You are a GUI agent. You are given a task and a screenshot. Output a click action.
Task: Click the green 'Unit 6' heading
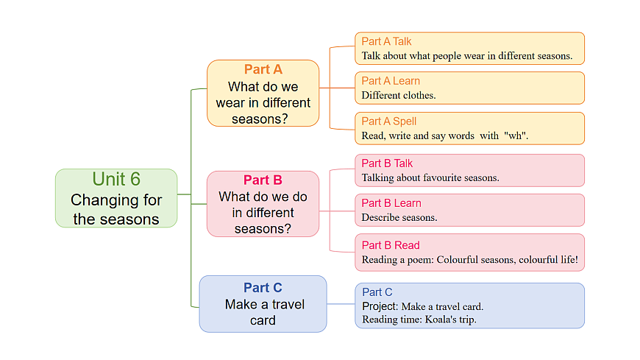click(x=116, y=179)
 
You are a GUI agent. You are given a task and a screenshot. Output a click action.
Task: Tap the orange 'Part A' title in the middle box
click(x=263, y=69)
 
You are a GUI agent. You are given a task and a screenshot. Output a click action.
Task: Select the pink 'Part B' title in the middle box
click(x=263, y=180)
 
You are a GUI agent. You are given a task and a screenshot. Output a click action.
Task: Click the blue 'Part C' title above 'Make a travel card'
click(x=263, y=288)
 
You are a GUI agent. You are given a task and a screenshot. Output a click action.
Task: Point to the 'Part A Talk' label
click(x=386, y=41)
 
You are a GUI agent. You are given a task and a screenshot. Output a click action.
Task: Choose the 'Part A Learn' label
click(x=391, y=81)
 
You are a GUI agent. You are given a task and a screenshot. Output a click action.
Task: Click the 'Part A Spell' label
click(x=389, y=121)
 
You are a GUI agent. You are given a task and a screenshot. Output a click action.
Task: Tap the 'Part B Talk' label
click(x=387, y=163)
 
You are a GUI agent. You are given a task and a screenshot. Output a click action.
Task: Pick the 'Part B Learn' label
click(x=391, y=203)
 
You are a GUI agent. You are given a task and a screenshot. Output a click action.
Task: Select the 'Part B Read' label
click(x=391, y=245)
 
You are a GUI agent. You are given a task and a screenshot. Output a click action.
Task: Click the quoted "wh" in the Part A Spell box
click(x=516, y=136)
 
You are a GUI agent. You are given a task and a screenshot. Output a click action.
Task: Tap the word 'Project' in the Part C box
click(x=379, y=306)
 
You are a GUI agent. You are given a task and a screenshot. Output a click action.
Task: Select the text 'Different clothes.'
click(x=399, y=95)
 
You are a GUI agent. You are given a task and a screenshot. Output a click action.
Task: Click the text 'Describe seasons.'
click(x=399, y=217)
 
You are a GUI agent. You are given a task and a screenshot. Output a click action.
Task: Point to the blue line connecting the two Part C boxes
click(x=341, y=304)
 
